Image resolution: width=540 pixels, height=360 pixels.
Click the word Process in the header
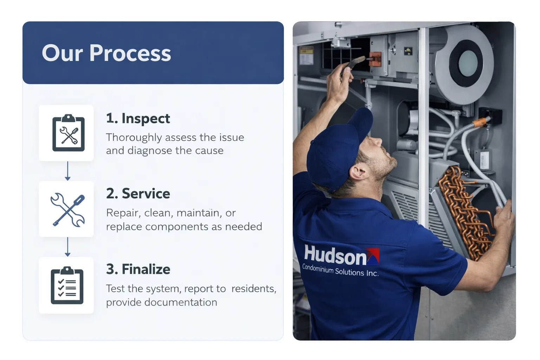(x=130, y=53)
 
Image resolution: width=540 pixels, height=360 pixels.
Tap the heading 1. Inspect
(x=138, y=118)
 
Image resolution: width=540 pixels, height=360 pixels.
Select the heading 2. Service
(x=138, y=194)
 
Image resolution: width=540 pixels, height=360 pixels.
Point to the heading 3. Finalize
(x=138, y=269)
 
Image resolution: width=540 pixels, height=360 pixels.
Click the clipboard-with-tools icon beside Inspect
(x=68, y=133)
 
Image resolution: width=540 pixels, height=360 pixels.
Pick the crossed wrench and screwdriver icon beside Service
(x=67, y=210)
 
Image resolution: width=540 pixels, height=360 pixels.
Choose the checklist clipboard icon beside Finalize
(x=67, y=285)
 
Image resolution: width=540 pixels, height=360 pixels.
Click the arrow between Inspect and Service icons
(x=67, y=171)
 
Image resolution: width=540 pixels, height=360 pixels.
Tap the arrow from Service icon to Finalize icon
(x=67, y=247)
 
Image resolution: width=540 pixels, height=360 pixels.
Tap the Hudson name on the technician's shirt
(x=335, y=255)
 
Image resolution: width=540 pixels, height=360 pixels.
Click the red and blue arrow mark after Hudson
(x=373, y=256)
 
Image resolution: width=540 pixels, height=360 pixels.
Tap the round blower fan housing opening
(x=468, y=63)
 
